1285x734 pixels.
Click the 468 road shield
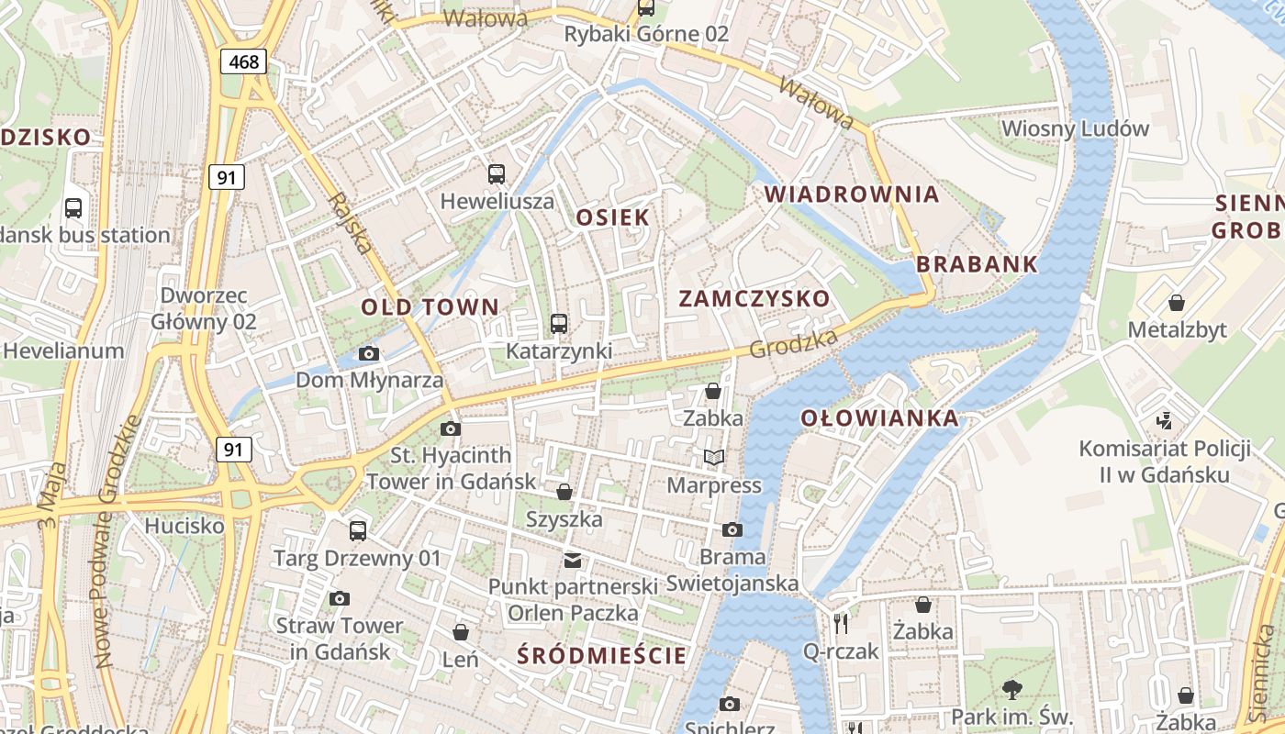coord(243,61)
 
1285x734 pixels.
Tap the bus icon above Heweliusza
coord(497,173)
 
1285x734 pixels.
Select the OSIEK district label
coord(612,217)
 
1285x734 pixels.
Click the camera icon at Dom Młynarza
coord(368,353)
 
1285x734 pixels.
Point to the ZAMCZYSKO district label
coord(754,298)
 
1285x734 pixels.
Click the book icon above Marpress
coord(714,457)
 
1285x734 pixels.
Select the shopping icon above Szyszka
coord(564,492)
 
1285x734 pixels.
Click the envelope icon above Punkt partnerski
coord(573,560)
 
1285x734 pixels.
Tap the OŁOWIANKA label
coord(879,418)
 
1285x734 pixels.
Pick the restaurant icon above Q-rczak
coord(841,623)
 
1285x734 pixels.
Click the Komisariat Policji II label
coord(1165,462)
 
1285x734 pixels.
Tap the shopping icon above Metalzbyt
coord(1176,302)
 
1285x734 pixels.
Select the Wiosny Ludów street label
coord(1075,128)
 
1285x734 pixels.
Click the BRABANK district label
coord(977,264)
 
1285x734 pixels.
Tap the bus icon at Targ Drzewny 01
coord(358,530)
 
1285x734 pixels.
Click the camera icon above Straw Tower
coord(340,598)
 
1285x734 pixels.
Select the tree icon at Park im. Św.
coord(1012,689)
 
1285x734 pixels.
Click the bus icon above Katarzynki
coord(558,323)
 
